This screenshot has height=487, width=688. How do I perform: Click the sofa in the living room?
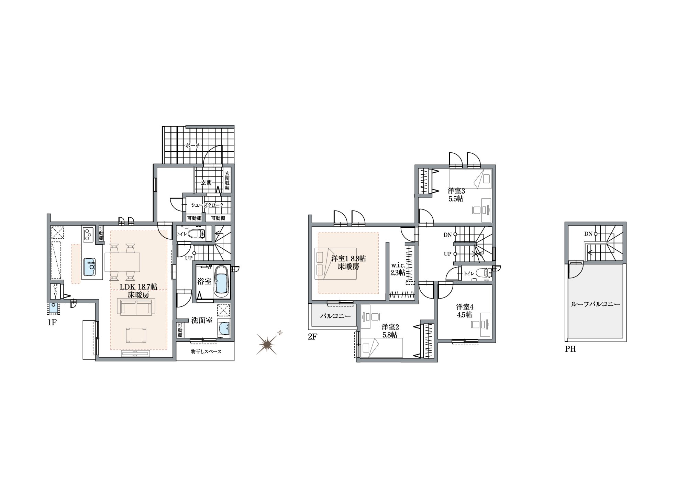[136, 306]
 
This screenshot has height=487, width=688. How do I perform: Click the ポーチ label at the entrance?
[192, 145]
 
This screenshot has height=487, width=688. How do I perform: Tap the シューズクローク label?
[208, 205]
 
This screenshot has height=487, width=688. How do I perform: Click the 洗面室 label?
[202, 321]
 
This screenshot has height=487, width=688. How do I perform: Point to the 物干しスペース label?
[206, 351]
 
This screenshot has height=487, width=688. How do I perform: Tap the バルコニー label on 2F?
[335, 315]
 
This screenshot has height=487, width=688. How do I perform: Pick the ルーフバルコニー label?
[595, 304]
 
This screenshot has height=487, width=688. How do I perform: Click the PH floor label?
[571, 349]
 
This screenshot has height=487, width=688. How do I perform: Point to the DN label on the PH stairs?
[588, 234]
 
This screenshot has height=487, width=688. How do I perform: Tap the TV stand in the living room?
[136, 354]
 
